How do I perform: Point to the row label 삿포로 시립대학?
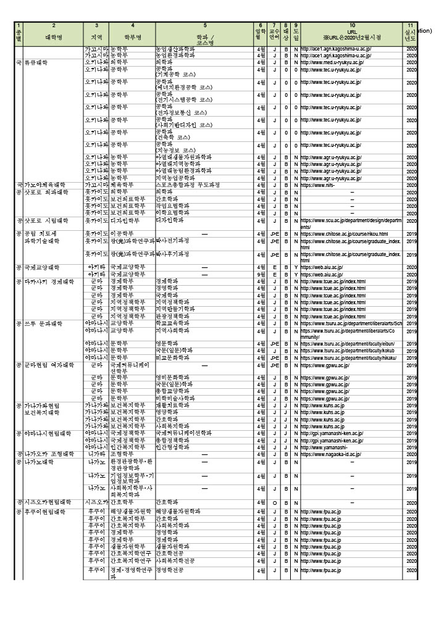46,220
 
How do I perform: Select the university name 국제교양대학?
42,267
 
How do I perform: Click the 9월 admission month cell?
261,274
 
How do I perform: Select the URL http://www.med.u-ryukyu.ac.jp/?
332,62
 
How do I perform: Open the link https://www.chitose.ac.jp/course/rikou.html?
344,234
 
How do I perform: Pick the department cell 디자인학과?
170,220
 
